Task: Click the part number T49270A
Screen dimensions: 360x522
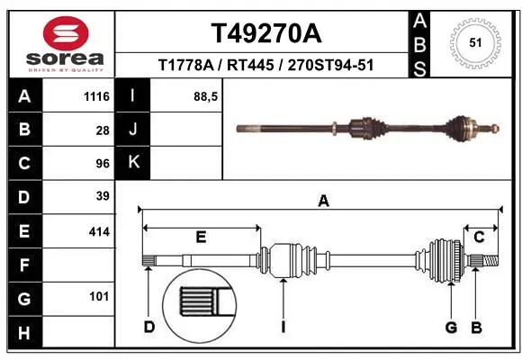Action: point(265,33)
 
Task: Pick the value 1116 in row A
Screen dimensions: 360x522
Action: point(95,96)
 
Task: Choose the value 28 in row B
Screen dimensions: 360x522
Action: point(103,130)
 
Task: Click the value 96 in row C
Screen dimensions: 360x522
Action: point(103,163)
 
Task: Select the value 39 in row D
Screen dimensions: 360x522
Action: point(103,196)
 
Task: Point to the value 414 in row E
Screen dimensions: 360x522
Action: point(99,231)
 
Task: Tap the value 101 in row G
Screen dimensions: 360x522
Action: point(99,296)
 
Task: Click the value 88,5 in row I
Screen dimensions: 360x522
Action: point(207,96)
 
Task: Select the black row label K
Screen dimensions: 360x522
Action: point(134,163)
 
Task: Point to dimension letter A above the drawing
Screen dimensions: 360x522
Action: point(323,202)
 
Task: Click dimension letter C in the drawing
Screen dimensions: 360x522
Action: point(480,238)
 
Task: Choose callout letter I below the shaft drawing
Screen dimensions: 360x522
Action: point(283,327)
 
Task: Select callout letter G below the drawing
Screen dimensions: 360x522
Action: point(452,327)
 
